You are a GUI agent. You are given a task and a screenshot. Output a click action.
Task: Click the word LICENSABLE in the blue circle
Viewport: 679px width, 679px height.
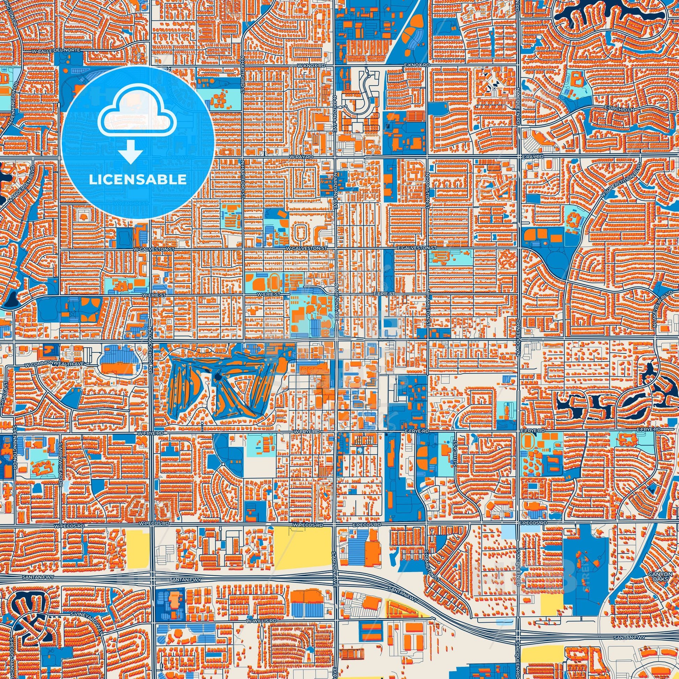(138, 180)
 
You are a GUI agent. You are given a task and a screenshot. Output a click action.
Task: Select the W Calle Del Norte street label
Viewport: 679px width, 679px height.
(56, 51)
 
